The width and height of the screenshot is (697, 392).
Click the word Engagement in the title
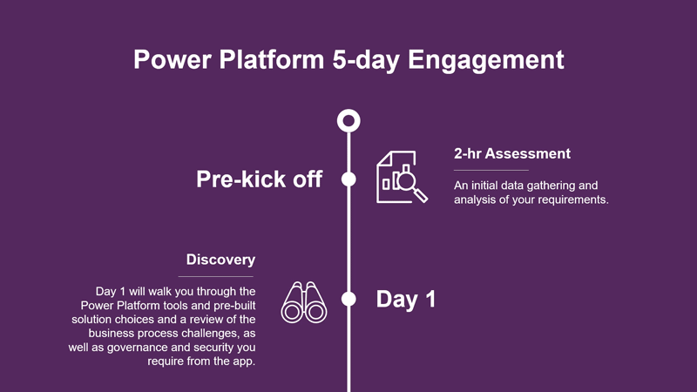click(x=486, y=60)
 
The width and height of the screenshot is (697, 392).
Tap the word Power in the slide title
click(x=173, y=59)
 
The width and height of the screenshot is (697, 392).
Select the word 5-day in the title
click(x=366, y=60)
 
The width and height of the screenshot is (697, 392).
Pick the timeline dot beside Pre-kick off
click(x=348, y=179)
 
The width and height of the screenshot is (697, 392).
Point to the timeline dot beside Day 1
click(x=348, y=299)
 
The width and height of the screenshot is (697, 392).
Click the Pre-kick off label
click(x=259, y=179)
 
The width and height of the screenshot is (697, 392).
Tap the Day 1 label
click(x=406, y=299)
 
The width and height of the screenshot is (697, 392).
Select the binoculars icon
click(x=304, y=302)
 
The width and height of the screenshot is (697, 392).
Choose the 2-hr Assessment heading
click(x=512, y=154)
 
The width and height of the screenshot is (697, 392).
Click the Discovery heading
click(x=221, y=260)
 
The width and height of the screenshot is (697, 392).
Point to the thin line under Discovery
click(x=215, y=276)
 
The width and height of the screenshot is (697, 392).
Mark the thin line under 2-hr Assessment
click(x=491, y=170)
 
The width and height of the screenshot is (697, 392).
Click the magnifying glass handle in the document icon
click(x=421, y=195)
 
